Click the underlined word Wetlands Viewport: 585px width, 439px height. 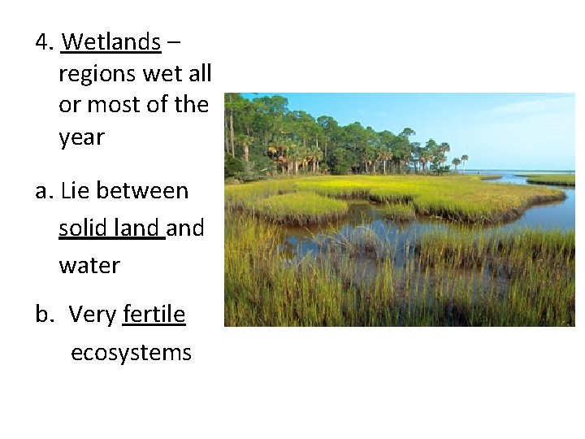coord(111,41)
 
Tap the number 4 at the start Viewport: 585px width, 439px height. coord(42,41)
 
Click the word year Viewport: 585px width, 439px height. coord(81,137)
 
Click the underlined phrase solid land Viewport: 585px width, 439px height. coord(111,228)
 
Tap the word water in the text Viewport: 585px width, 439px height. coord(89,265)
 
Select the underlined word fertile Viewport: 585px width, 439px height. coord(154,315)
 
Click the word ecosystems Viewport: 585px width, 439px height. coord(131,353)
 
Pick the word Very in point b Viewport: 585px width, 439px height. coord(93,315)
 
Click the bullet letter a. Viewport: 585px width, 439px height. coord(42,192)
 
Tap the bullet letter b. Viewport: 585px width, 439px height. coord(42,315)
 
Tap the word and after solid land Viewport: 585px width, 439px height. coord(186,228)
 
